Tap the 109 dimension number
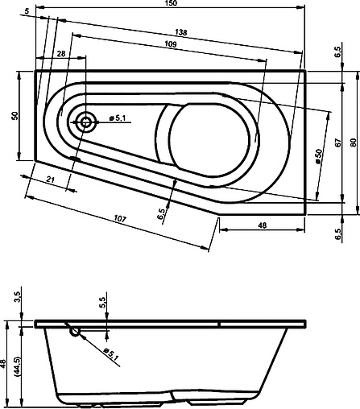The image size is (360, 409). tap(172, 43)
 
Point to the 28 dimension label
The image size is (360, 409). tap(62, 53)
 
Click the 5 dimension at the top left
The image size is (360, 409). tap(27, 10)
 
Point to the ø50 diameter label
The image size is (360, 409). tap(319, 156)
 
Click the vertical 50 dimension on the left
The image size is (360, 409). tap(14, 116)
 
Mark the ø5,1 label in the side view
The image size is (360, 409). tap(110, 352)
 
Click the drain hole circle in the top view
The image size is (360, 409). tap(86, 122)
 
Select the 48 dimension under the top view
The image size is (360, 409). tap(263, 225)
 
